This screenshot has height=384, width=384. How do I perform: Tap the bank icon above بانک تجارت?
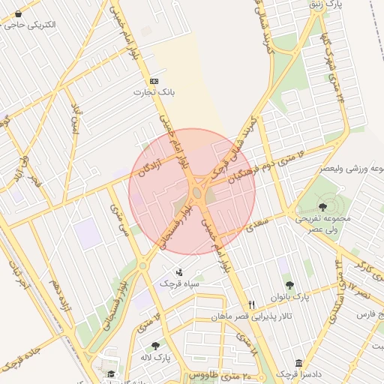[x=154, y=81]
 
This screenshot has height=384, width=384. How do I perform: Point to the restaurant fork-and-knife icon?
[x=251, y=304]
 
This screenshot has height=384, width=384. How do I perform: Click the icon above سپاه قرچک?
[x=179, y=273]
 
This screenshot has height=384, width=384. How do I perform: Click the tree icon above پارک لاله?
[x=155, y=346]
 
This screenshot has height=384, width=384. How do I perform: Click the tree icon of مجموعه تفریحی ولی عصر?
[x=322, y=206]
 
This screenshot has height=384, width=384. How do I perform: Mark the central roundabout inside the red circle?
[x=196, y=193]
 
